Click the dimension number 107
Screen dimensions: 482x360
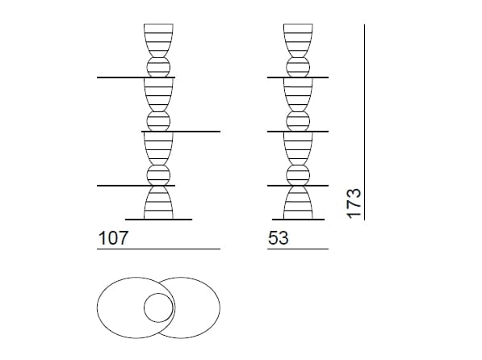[112, 238]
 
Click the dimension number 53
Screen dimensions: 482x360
[279, 238]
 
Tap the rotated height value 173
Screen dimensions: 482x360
[354, 203]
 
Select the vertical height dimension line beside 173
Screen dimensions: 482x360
[365, 122]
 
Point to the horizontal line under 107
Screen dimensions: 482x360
[158, 249]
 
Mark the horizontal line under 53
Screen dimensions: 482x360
[298, 249]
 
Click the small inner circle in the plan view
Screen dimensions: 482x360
[158, 308]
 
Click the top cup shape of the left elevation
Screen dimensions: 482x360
[158, 40]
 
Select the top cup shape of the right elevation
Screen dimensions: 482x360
[298, 40]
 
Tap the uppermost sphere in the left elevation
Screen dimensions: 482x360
[158, 67]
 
